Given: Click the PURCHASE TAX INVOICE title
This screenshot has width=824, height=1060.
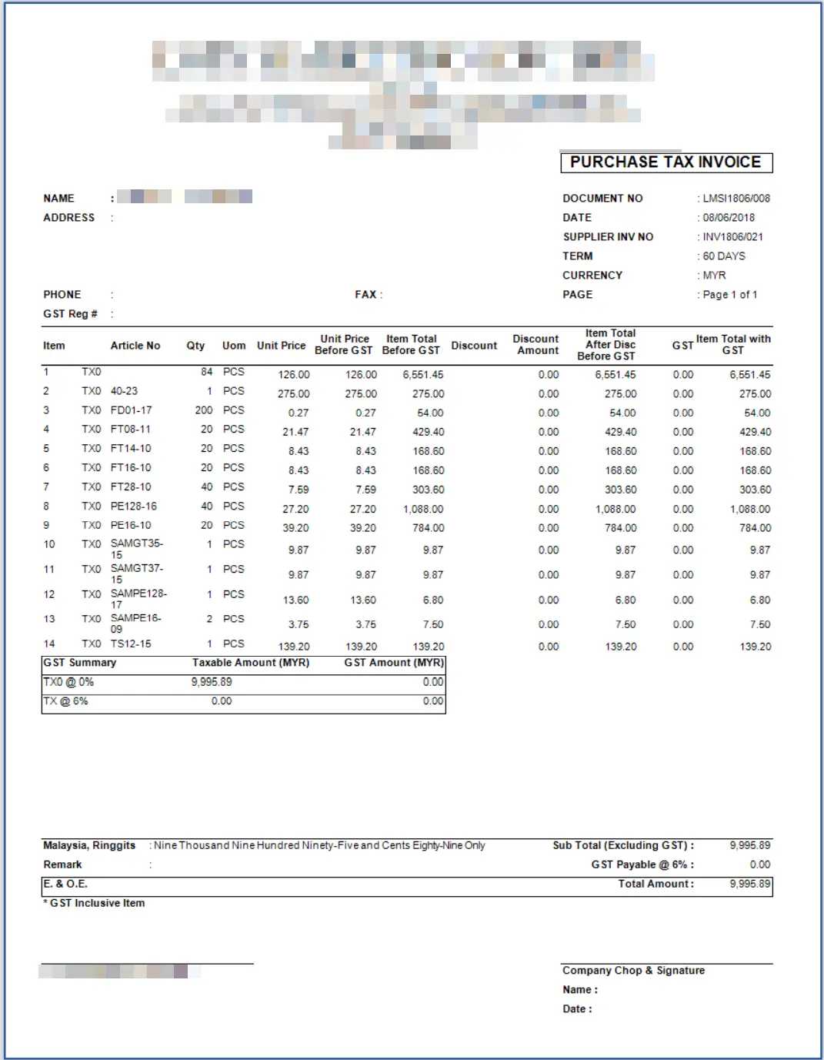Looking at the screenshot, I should pos(666,162).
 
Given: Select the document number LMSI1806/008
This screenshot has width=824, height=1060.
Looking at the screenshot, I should pos(736,199).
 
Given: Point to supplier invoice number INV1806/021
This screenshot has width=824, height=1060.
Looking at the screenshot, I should pos(732,237).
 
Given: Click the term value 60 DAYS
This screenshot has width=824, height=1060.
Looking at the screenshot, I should pos(723,256).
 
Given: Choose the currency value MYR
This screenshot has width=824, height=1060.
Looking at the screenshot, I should pos(714,276).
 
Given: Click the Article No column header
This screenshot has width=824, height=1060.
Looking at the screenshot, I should pos(135,346).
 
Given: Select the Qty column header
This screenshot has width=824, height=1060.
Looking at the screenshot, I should pos(195,346).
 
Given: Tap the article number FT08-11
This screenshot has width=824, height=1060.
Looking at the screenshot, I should pos(131,430).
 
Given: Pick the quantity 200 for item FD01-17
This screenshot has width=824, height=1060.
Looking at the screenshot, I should pos(204,410).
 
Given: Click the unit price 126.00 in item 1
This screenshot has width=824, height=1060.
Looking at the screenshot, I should pos(294,375).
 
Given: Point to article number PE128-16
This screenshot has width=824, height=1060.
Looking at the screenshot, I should pos(134,507).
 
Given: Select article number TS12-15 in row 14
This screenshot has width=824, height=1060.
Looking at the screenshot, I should pos(131,644).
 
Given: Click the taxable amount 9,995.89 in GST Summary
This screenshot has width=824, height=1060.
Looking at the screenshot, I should pos(212,682).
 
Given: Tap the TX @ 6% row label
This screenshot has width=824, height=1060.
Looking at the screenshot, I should pos(66,701).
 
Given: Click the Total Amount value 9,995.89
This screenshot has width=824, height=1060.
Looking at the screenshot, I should pos(750,884).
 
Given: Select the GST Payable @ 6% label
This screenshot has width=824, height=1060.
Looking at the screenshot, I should pos(642,864).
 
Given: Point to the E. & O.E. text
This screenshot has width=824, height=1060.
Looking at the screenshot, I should pos(65,884).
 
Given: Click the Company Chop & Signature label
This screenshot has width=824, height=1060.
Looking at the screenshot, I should pos(633,971).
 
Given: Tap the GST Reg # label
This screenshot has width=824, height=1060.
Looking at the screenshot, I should pos(70,314).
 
